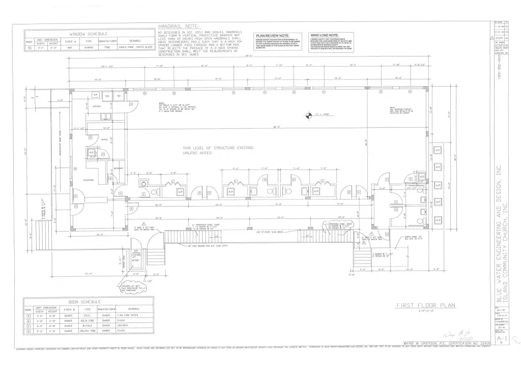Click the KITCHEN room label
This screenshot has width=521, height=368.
[x=97, y=106]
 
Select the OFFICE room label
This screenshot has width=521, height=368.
[x=104, y=139]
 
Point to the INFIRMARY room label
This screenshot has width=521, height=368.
[x=119, y=168]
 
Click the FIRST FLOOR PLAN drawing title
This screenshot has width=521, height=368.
[x=426, y=306]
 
